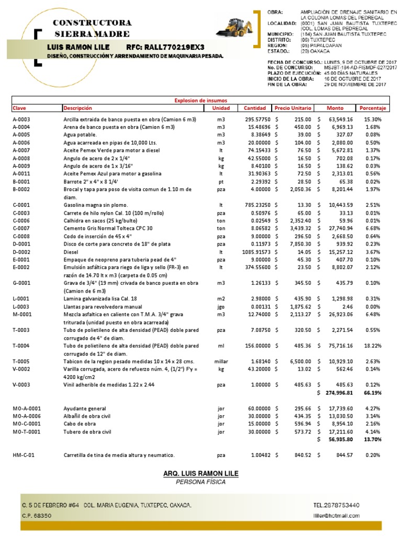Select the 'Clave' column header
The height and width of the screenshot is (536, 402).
pyautogui.click(x=19, y=108)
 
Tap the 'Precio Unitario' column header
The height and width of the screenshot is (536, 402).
pyautogui.click(x=293, y=108)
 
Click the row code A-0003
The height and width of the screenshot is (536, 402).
pyautogui.click(x=21, y=119)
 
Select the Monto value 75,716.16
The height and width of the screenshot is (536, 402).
pyautogui.click(x=341, y=346)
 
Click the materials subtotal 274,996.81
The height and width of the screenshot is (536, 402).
pyautogui.click(x=340, y=392)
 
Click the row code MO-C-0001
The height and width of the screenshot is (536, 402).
pyautogui.click(x=27, y=424)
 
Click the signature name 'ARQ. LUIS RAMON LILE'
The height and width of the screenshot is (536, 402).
pyautogui.click(x=201, y=473)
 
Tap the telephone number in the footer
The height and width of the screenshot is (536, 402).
pyautogui.click(x=337, y=505)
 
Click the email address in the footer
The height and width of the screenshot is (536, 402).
pyautogui.click(x=337, y=516)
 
